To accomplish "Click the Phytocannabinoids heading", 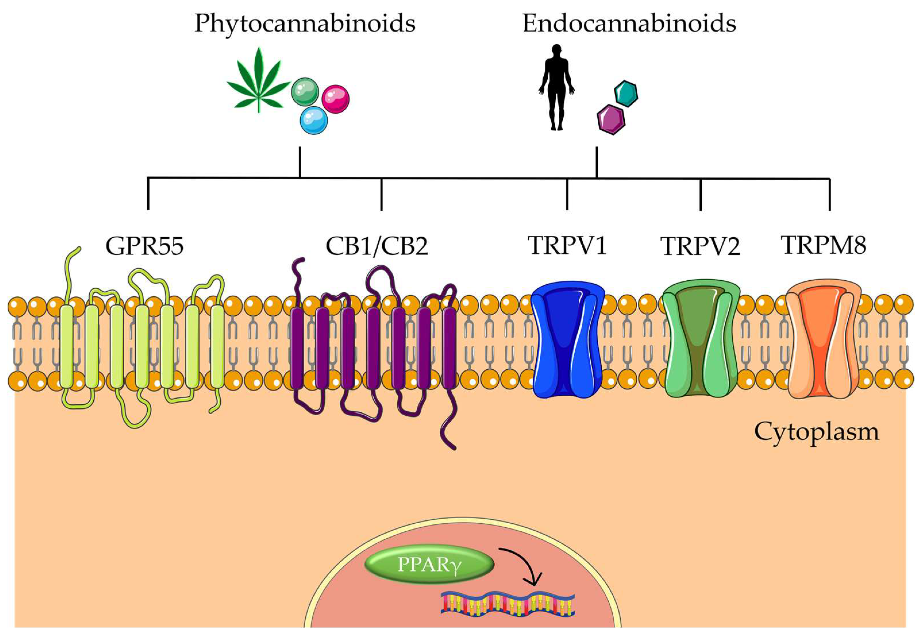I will coord(305,24).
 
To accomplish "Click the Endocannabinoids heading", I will coord(629,24).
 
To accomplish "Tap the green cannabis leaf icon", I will coord(259,82).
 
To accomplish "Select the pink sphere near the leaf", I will coord(335,99).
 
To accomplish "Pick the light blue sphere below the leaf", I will coord(314,120).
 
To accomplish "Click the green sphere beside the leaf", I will coord(305,92).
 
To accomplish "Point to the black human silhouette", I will coord(557,87).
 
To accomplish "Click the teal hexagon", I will coord(626,94).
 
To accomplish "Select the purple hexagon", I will coord(611,119).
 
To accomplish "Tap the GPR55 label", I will coord(144,246).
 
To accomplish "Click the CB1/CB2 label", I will coord(377,246).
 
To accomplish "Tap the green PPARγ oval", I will coord(429,565).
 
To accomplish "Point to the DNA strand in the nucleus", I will coord(508,604).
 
